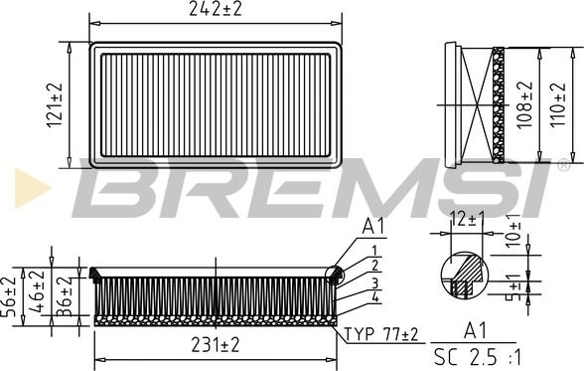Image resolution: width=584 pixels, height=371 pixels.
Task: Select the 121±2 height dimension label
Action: tap(58, 104)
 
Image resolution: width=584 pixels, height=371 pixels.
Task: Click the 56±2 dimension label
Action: tap(10, 295)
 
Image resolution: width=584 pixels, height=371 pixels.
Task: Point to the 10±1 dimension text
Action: tap(514, 229)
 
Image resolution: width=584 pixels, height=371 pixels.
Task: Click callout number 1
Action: tap(374, 251)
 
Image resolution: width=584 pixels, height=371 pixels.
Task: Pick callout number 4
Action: tap(374, 297)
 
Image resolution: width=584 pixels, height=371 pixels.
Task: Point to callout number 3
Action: tap(374, 282)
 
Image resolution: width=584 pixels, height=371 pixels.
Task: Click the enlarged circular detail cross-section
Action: tap(465, 275)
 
